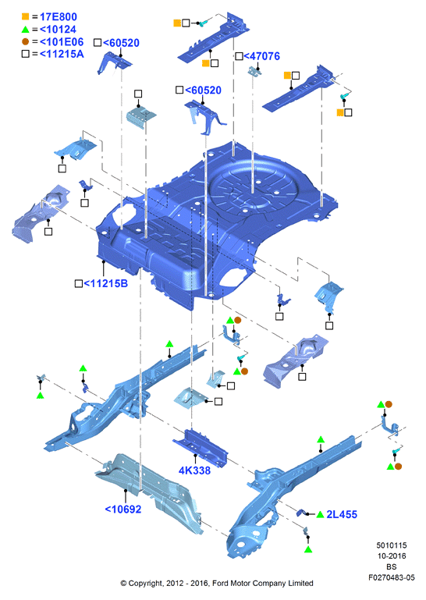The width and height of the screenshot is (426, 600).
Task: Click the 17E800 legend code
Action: pyautogui.click(x=59, y=17)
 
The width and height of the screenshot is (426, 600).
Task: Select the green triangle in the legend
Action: pyautogui.click(x=25, y=29)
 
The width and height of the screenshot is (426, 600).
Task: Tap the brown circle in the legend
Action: pyautogui.click(x=25, y=41)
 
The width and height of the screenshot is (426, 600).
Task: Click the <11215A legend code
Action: pyautogui.click(x=62, y=54)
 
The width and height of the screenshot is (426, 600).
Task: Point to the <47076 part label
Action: pyautogui.click(x=262, y=56)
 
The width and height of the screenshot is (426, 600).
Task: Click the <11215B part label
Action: pyautogui.click(x=105, y=283)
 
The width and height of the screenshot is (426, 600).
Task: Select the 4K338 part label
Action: pyautogui.click(x=194, y=470)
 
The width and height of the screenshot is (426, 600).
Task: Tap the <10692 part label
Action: pyautogui.click(x=122, y=509)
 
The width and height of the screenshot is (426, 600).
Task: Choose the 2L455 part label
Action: pyautogui.click(x=342, y=514)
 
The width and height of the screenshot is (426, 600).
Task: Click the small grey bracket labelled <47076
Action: pyautogui.click(x=255, y=71)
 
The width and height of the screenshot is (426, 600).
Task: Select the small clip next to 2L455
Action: pyautogui.click(x=302, y=513)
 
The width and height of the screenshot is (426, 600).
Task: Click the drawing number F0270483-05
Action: pyautogui.click(x=391, y=577)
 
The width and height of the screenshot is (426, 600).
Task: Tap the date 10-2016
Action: pyautogui.click(x=391, y=556)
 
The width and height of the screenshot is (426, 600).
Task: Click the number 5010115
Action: pyautogui.click(x=391, y=545)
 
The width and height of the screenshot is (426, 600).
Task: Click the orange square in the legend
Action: pyautogui.click(x=25, y=16)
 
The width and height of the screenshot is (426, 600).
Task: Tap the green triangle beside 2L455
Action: pyautogui.click(x=321, y=515)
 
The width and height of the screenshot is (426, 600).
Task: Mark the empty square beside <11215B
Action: pyautogui.click(x=79, y=283)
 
